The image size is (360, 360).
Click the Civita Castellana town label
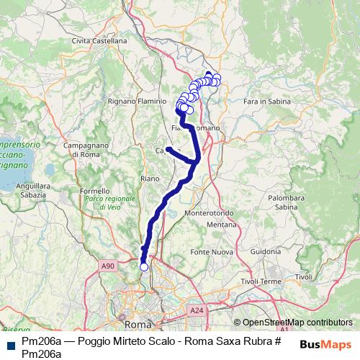99,41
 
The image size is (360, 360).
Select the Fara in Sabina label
267,102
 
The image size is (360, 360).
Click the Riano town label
150,178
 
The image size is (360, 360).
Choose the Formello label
94,192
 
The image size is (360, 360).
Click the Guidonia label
266,251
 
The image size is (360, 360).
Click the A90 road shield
108,266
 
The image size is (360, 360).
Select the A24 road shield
197,310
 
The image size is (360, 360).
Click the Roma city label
134,325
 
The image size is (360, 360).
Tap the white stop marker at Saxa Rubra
143,267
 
